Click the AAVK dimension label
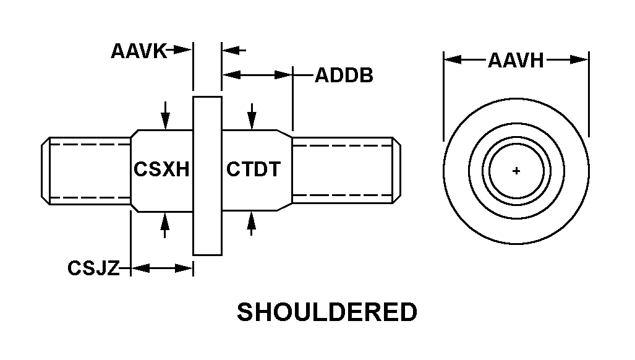(139, 51)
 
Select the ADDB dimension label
(344, 76)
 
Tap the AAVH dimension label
(516, 61)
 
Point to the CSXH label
(161, 168)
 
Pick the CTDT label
(254, 168)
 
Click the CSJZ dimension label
(93, 269)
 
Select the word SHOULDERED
(327, 313)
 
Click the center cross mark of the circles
(517, 171)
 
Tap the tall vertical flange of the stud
(207, 176)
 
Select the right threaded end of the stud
(343, 171)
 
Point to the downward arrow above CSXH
(165, 116)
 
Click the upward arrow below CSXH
(165, 225)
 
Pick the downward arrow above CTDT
(252, 116)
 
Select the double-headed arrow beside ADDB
(257, 75)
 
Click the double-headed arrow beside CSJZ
(162, 268)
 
